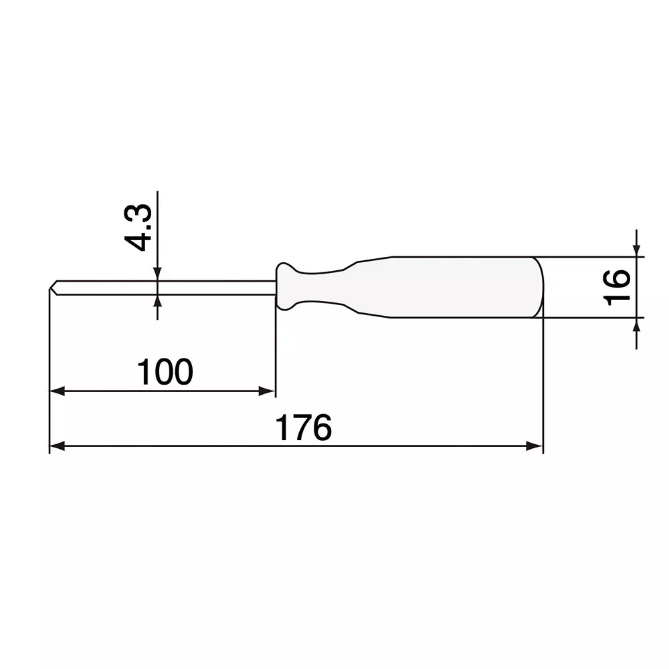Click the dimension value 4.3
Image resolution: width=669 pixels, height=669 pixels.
pos(141,228)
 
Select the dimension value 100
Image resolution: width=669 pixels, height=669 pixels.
pos(165,372)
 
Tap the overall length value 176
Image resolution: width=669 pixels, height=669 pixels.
pos(304,428)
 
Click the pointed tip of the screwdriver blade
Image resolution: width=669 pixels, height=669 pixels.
pos(51,288)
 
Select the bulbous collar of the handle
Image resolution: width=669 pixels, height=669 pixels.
pos(286,287)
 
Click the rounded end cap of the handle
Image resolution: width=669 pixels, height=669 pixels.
pos(539,287)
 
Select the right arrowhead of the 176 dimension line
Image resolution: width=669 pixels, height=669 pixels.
pos(535,446)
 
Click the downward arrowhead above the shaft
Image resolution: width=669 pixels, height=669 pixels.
pos(157,274)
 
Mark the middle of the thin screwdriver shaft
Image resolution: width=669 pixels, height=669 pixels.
pos(164,287)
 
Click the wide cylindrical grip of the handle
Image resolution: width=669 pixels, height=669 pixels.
pos(462,287)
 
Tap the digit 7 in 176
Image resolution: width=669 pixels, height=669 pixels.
pos(304,428)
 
